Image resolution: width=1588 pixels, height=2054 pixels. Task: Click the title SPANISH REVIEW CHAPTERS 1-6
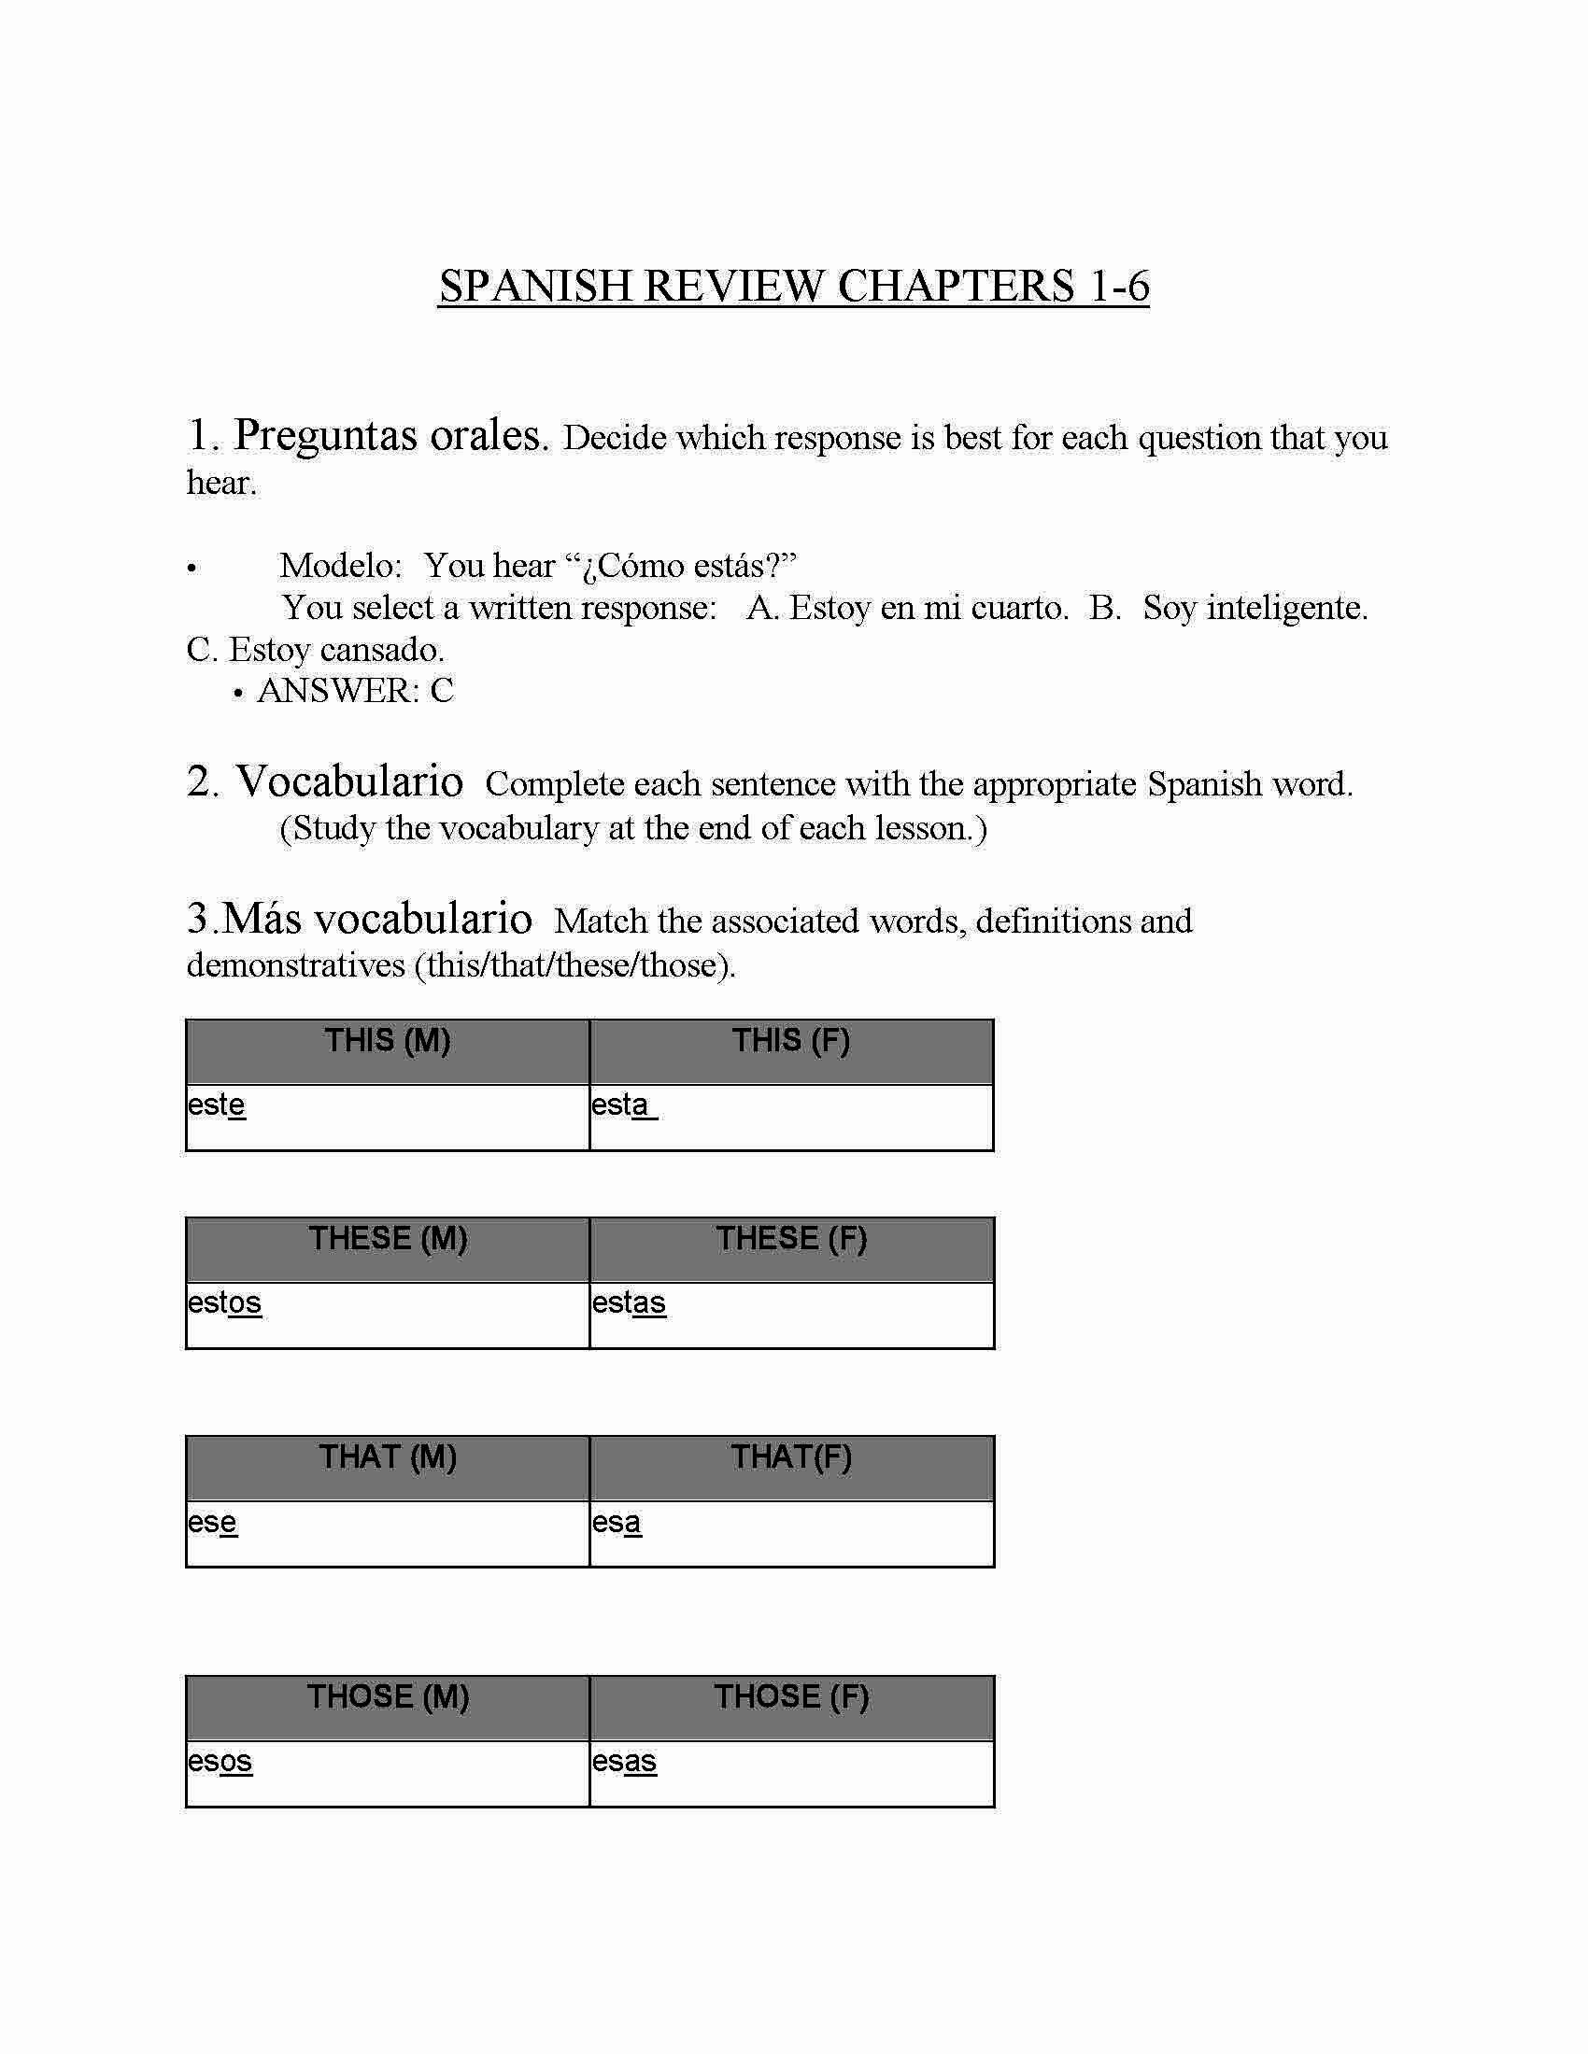[x=793, y=286]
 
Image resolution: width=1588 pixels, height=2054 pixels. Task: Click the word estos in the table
[x=224, y=1302]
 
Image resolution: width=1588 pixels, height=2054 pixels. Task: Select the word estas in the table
[x=629, y=1302]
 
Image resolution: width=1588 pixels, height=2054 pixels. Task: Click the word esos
[x=220, y=1761]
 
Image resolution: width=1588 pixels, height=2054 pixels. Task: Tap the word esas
[x=624, y=1761]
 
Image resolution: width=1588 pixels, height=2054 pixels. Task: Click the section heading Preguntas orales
[x=390, y=435]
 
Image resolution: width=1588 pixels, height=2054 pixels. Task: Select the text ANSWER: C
[x=355, y=691]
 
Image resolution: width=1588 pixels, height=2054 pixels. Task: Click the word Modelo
[x=341, y=566]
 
